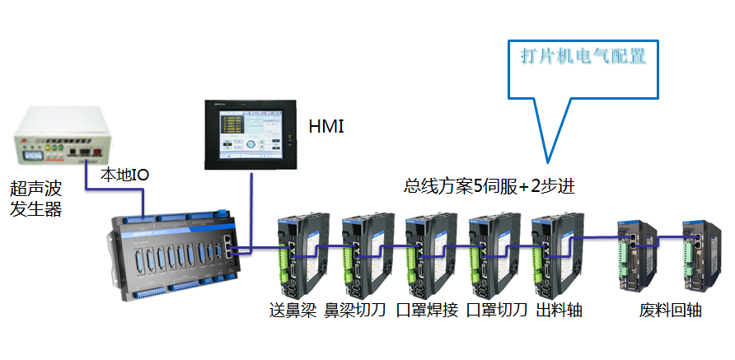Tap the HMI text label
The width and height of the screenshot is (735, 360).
(x=325, y=127)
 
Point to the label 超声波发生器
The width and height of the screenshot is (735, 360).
(x=35, y=200)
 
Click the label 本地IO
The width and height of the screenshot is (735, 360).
(x=124, y=175)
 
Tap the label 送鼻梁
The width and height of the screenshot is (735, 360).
(x=293, y=311)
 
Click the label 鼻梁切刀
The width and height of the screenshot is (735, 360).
(x=355, y=311)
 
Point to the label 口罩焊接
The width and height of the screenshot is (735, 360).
(x=426, y=311)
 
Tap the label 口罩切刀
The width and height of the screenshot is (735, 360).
(x=496, y=311)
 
